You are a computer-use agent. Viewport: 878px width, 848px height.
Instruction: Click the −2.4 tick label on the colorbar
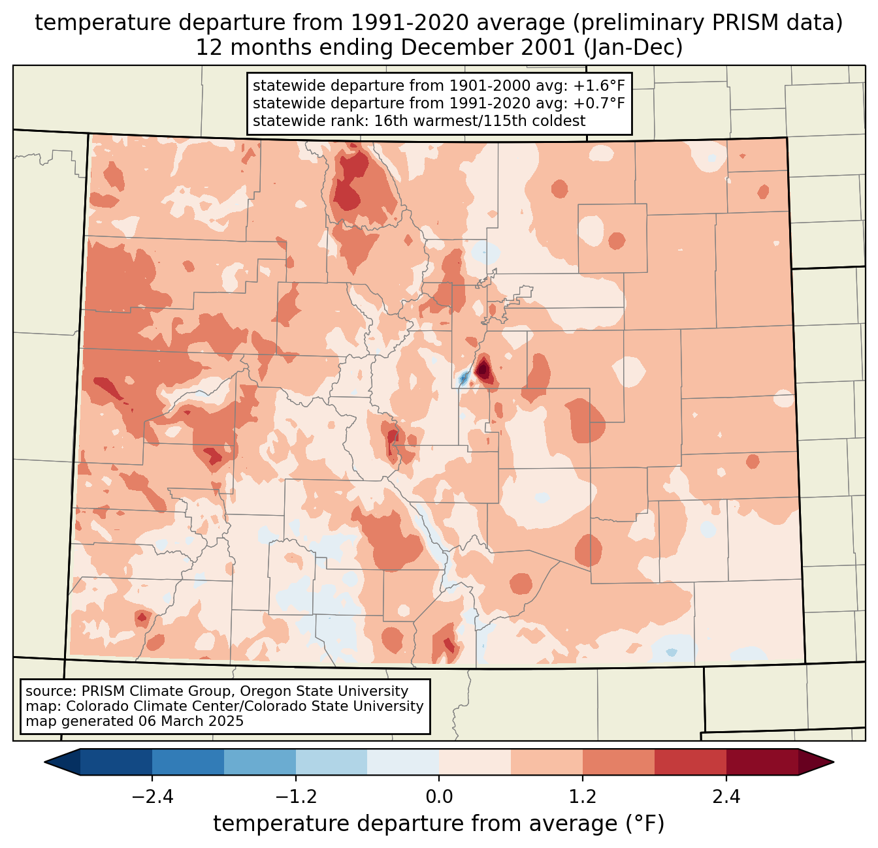coord(152,797)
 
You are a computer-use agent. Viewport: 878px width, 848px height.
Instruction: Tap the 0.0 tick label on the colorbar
coord(439,797)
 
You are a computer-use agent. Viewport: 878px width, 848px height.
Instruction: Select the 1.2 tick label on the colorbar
coord(583,797)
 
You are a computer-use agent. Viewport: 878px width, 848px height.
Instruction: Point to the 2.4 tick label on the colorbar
coord(726,797)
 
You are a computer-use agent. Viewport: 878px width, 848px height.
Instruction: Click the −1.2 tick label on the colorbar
coord(296,797)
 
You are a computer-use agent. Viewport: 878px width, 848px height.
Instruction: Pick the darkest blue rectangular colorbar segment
coord(116,762)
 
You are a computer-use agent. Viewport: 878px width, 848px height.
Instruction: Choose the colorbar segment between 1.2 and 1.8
coord(619,762)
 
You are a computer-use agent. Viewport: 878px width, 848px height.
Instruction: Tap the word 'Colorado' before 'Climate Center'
coord(94,706)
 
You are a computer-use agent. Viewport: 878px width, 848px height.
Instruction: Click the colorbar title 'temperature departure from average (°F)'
coord(439,824)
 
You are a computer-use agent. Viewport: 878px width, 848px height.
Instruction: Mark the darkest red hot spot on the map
coord(483,370)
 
